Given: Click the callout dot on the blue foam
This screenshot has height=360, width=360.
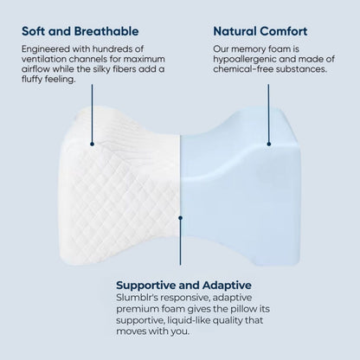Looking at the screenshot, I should pos(270,145).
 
